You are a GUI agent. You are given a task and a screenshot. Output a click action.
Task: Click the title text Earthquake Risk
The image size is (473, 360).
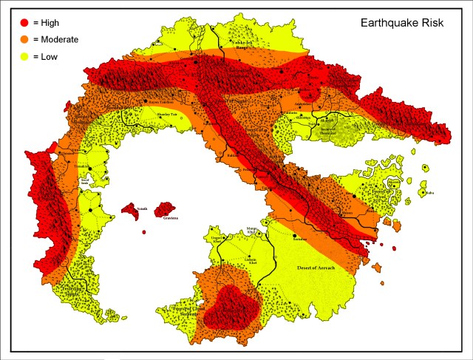pos(401,22)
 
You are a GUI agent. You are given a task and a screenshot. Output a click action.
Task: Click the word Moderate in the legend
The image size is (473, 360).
pos(60,39)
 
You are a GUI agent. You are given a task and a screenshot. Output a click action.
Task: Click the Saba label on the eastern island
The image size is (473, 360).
pos(429,194)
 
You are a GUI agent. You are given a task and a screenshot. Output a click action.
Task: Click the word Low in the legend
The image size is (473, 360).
pos(50,56)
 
